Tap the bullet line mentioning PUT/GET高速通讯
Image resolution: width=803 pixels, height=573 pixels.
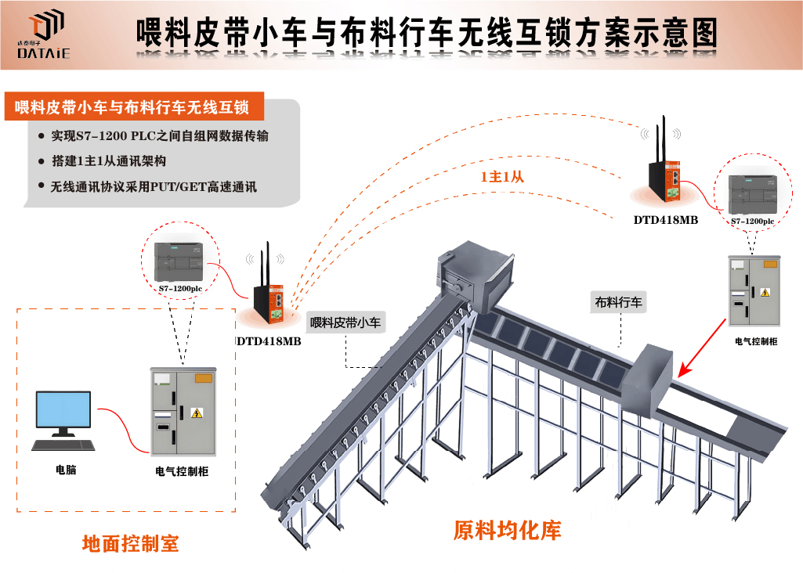(154, 187)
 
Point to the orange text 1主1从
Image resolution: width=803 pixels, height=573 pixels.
(502, 177)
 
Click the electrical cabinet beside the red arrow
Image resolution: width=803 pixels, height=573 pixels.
(755, 290)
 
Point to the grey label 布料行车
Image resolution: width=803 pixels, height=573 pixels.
(618, 302)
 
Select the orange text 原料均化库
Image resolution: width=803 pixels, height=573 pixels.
(507, 531)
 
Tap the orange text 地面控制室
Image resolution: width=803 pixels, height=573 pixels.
(130, 543)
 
